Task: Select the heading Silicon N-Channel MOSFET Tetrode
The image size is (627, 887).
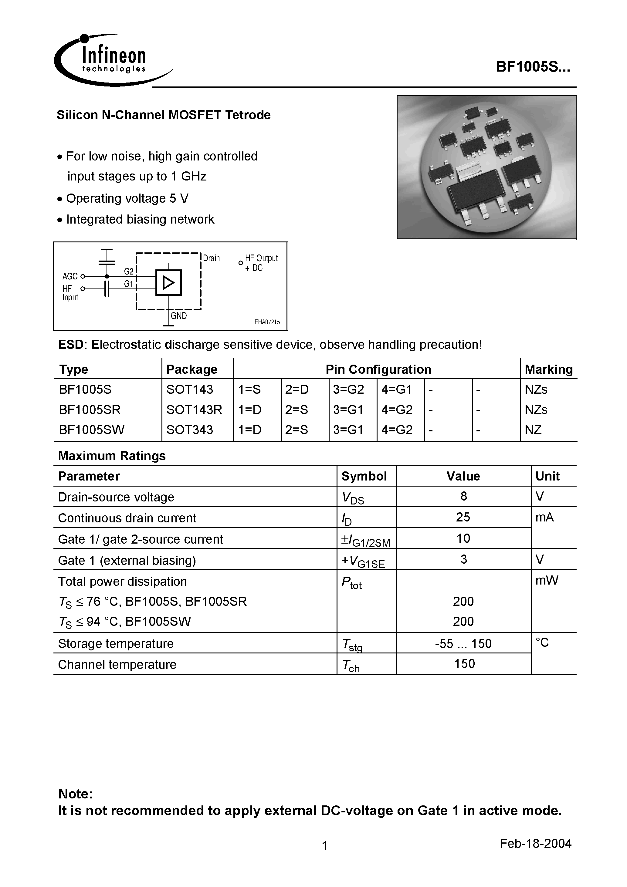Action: pyautogui.click(x=164, y=115)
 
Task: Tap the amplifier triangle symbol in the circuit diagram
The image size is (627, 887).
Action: pyautogui.click(x=168, y=283)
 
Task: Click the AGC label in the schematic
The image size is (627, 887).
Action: pyautogui.click(x=70, y=276)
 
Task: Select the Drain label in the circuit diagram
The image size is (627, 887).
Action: pyautogui.click(x=212, y=258)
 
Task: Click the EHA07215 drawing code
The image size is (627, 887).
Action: pyautogui.click(x=267, y=322)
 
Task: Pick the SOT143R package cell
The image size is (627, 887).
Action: pyautogui.click(x=194, y=410)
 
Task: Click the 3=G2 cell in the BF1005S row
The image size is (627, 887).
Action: pyautogui.click(x=348, y=390)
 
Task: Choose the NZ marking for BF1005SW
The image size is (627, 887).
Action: pyautogui.click(x=533, y=430)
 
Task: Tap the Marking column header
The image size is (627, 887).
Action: pyautogui.click(x=548, y=369)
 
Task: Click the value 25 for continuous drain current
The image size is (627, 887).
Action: pyautogui.click(x=463, y=517)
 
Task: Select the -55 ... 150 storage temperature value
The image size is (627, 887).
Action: pyautogui.click(x=463, y=643)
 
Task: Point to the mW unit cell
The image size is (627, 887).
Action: pyautogui.click(x=547, y=580)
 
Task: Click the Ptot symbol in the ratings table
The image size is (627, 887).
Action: pyautogui.click(x=351, y=582)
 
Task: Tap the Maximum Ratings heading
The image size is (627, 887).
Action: pyautogui.click(x=112, y=456)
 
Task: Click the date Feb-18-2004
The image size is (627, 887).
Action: pyautogui.click(x=535, y=843)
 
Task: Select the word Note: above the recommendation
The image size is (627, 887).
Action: pyautogui.click(x=75, y=794)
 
